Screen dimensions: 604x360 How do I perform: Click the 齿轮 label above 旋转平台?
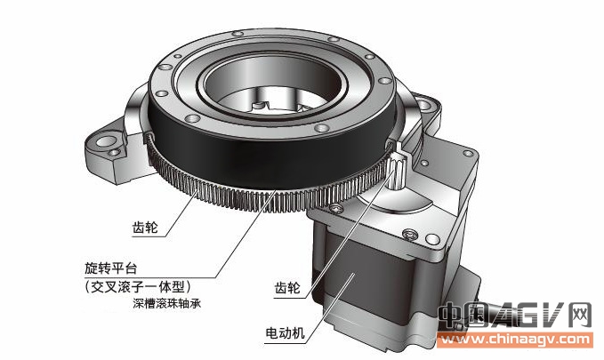point(145,228)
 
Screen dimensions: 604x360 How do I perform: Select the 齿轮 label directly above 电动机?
point(287,288)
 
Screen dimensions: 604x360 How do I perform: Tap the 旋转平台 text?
point(111,268)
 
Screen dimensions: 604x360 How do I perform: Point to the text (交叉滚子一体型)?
point(138,286)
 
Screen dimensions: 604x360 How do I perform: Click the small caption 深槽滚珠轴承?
point(167,303)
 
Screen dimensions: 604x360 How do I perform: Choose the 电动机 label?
point(285,333)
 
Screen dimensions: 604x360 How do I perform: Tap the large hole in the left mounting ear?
point(105,141)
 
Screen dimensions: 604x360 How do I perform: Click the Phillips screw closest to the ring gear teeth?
point(336,208)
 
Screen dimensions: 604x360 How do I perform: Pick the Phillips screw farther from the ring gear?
point(409,233)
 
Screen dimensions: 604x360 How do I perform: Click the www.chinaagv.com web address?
point(515,340)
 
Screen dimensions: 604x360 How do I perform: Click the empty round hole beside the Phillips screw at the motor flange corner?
point(432,239)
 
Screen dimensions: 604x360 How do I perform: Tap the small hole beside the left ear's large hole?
point(114,153)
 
